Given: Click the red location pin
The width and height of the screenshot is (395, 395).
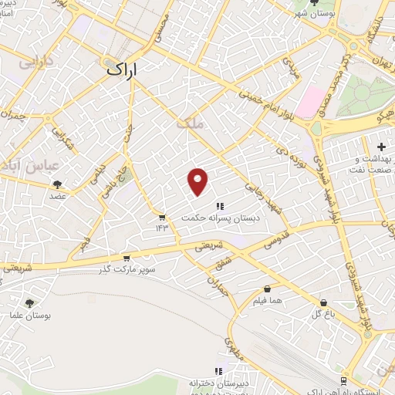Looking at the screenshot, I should [x=198, y=181].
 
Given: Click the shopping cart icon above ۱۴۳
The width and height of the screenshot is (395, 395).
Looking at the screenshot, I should [x=161, y=217].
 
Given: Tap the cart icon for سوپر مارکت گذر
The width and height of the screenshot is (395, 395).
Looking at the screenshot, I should [x=126, y=258].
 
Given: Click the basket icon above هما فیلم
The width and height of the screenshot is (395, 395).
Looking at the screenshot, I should [x=268, y=288].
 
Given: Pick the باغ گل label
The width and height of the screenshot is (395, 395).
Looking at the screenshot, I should [x=321, y=313].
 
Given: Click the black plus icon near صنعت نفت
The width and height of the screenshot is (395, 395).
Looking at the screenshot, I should [x=381, y=146].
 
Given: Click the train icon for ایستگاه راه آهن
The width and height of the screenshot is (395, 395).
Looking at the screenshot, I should [x=343, y=380].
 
